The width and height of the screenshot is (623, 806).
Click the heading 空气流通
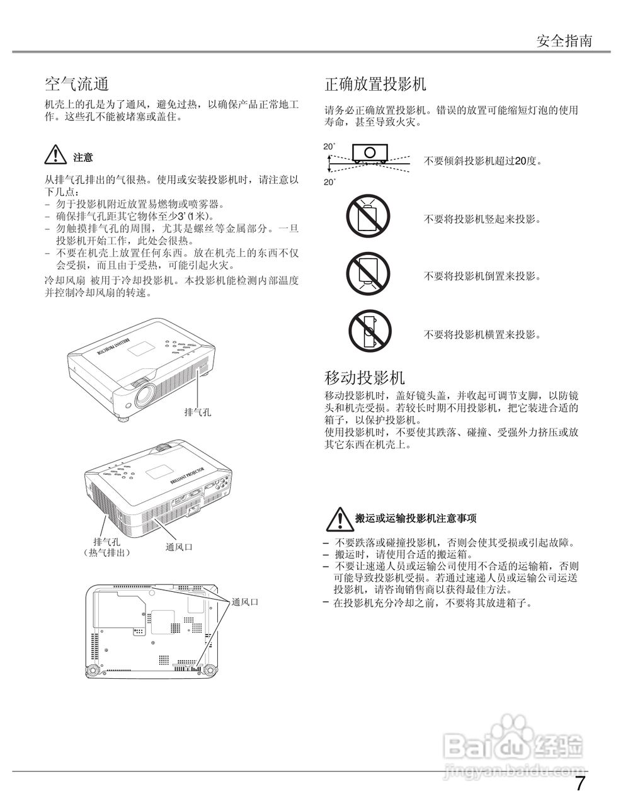pyautogui.click(x=77, y=84)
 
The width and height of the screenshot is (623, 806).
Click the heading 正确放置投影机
pyautogui.click(x=375, y=84)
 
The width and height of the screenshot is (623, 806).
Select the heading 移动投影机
pyautogui.click(x=364, y=378)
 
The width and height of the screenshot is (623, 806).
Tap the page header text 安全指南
pyautogui.click(x=564, y=41)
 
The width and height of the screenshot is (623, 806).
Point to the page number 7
pyautogui.click(x=580, y=784)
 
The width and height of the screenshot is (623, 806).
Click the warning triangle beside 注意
pyautogui.click(x=55, y=155)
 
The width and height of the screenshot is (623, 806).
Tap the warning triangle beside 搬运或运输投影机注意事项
pyautogui.click(x=338, y=518)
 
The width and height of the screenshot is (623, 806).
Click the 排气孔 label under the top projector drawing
pyautogui.click(x=197, y=412)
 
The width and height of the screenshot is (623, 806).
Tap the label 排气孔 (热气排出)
pyautogui.click(x=107, y=546)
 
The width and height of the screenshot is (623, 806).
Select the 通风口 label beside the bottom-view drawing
pyautogui.click(x=245, y=602)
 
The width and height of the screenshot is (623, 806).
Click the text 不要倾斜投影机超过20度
pyautogui.click(x=483, y=161)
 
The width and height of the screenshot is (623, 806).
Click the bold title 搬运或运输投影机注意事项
pyautogui.click(x=416, y=518)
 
